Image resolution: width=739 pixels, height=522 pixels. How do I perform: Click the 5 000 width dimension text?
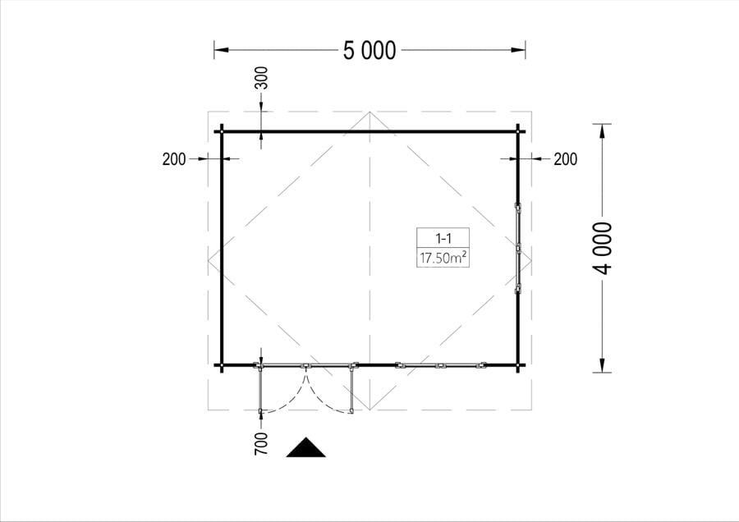tap(369, 50)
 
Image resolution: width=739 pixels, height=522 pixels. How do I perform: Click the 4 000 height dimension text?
tap(604, 249)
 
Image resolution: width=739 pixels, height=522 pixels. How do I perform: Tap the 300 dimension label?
tap(261, 78)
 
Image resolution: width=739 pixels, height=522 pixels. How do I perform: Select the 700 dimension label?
tap(261, 444)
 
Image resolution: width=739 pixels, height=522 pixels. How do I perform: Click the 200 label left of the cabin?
tap(174, 159)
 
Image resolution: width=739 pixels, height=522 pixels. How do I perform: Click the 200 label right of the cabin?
tap(566, 159)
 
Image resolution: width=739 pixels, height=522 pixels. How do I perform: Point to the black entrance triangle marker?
tap(306, 447)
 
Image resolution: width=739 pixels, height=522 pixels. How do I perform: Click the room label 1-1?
tap(443, 238)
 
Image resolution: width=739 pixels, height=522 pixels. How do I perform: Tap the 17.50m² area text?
tap(443, 258)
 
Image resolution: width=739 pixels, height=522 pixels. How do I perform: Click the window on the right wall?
tap(518, 249)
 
